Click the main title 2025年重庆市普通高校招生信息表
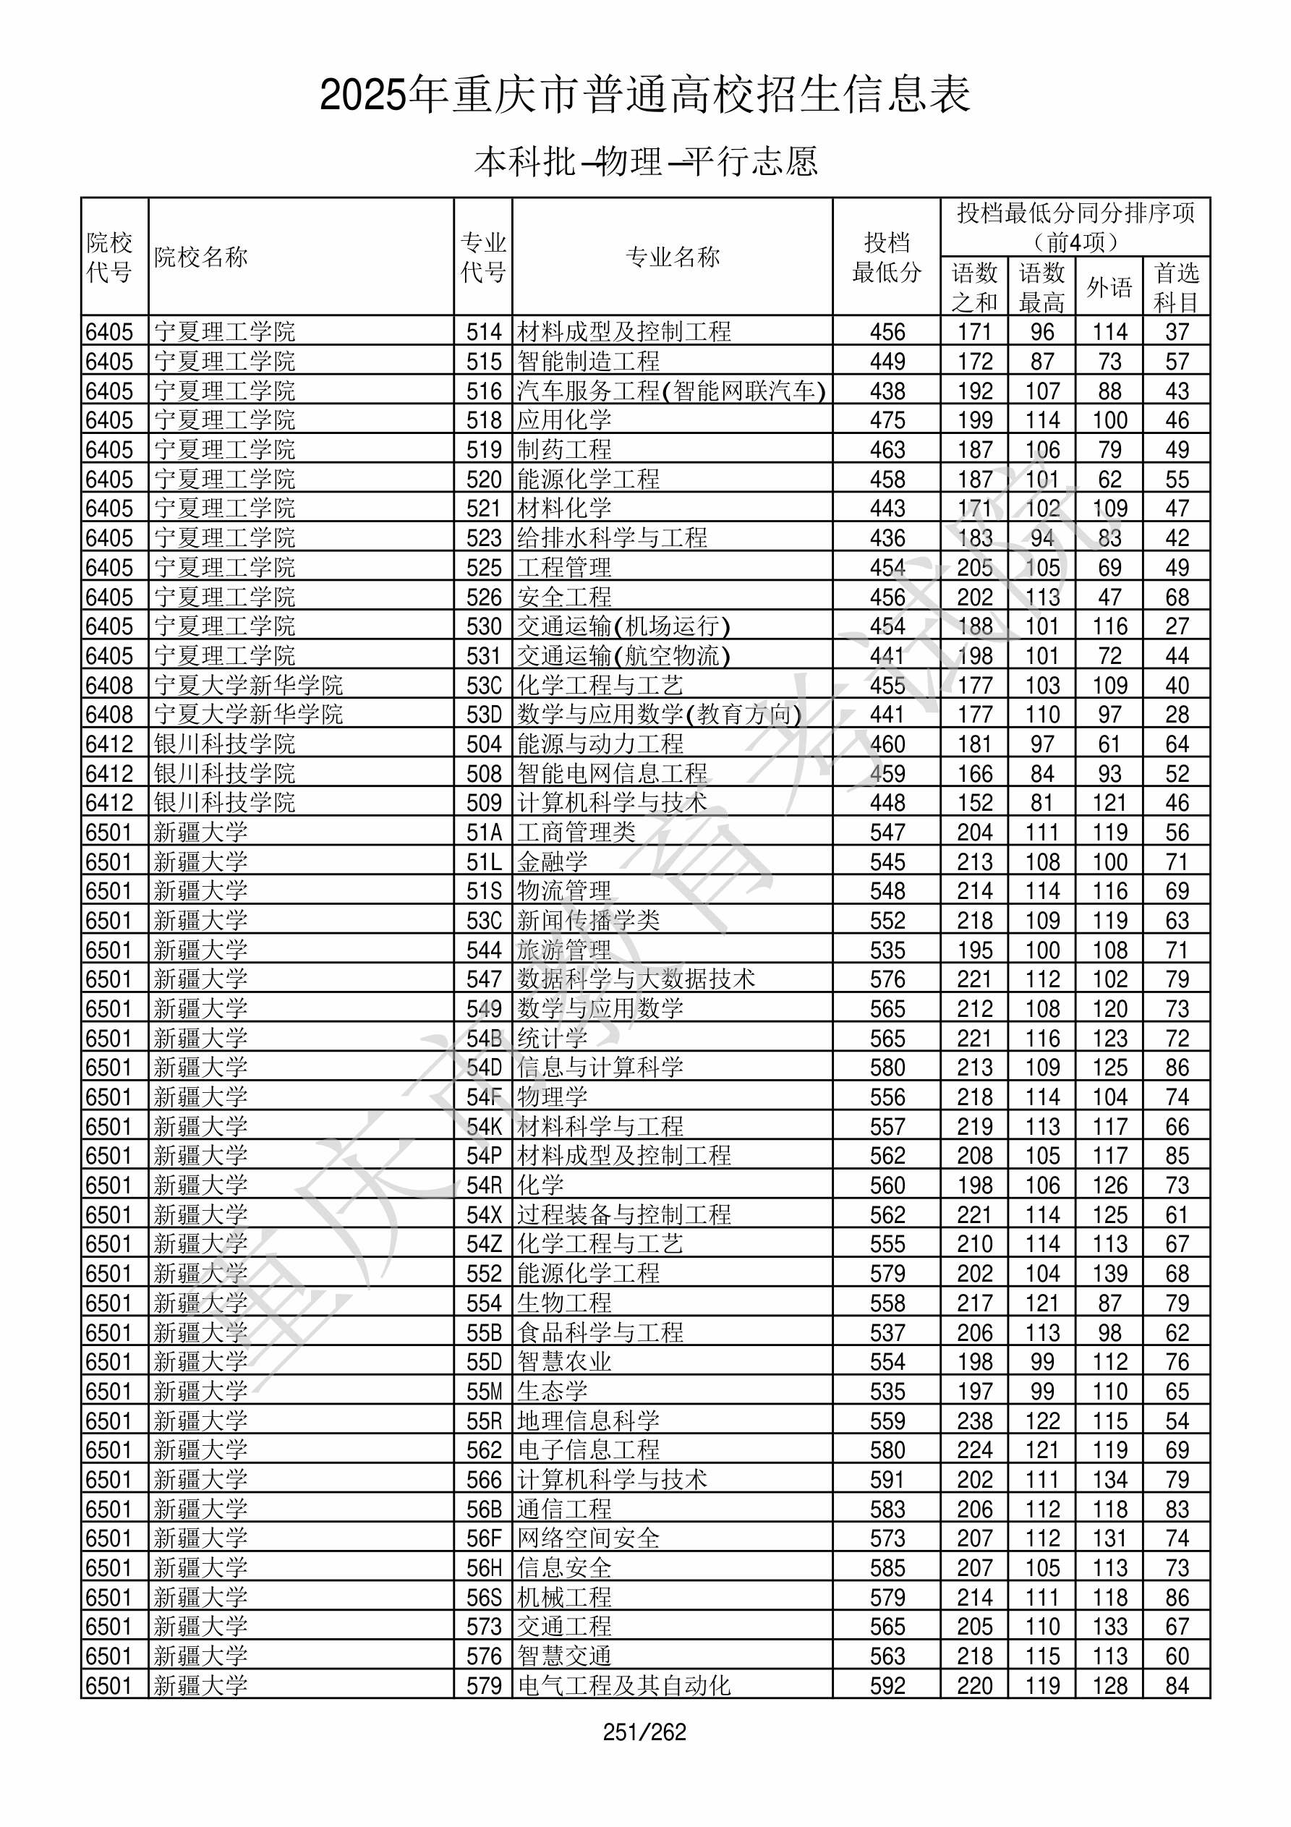(x=644, y=95)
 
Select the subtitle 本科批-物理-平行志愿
(x=644, y=161)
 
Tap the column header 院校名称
(x=201, y=257)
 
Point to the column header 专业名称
(x=673, y=257)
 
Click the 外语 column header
(x=1109, y=286)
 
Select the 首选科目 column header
(x=1177, y=286)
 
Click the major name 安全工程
(x=564, y=597)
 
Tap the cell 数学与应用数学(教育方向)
(x=659, y=715)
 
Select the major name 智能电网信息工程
(x=612, y=773)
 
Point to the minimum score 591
(x=887, y=1480)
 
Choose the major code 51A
(x=484, y=832)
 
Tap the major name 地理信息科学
(x=588, y=1421)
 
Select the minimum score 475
(x=887, y=420)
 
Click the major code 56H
(x=484, y=1568)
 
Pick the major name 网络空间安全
(x=588, y=1539)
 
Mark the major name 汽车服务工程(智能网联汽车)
(x=671, y=391)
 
